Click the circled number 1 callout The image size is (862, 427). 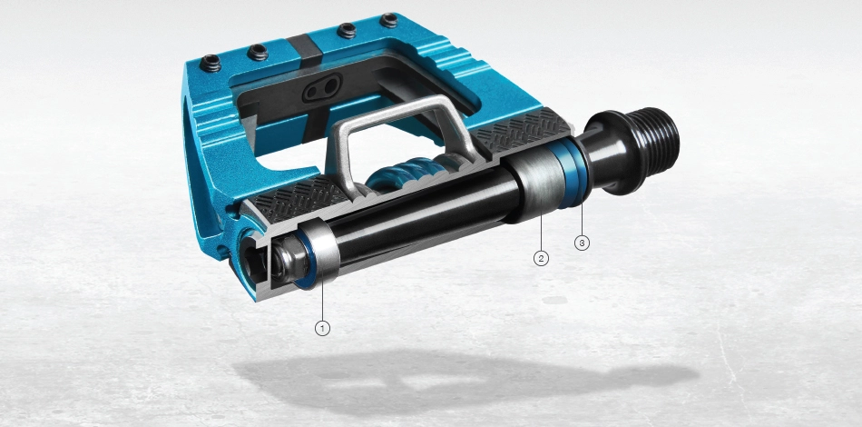[322, 326]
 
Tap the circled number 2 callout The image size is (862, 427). [541, 258]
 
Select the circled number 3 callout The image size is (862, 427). [582, 243]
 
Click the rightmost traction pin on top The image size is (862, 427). [389, 19]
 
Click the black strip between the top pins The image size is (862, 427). [308, 45]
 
